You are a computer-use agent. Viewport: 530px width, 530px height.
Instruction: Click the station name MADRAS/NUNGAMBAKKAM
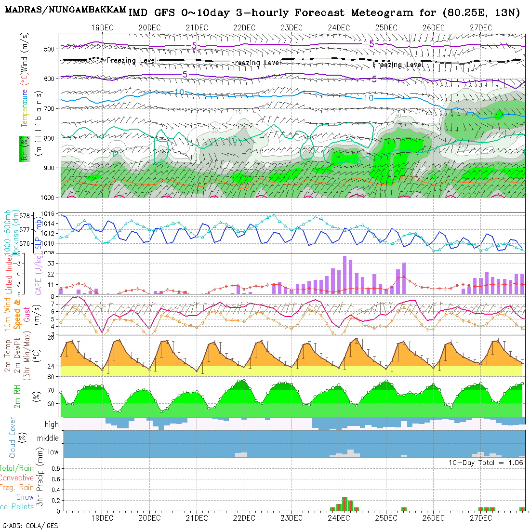click(x=66, y=10)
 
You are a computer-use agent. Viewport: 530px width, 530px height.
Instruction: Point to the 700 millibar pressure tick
click(x=50, y=108)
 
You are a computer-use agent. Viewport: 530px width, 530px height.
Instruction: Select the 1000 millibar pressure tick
click(x=48, y=198)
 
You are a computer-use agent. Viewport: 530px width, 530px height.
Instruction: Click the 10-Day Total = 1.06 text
click(x=486, y=463)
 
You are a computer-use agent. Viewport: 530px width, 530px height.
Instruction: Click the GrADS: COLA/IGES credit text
click(x=30, y=526)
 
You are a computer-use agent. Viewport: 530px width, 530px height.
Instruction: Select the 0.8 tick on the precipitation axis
click(x=55, y=468)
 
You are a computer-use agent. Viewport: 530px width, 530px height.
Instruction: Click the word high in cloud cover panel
click(x=52, y=424)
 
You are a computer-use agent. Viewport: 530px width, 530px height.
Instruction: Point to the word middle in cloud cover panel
click(x=48, y=438)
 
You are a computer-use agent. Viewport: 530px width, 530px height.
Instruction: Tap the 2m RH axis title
click(x=17, y=396)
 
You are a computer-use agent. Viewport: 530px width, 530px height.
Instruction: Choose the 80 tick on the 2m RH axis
click(x=50, y=377)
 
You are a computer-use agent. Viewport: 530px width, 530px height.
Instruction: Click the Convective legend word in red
click(x=17, y=478)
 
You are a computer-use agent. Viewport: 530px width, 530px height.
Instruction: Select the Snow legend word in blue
click(x=25, y=497)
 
